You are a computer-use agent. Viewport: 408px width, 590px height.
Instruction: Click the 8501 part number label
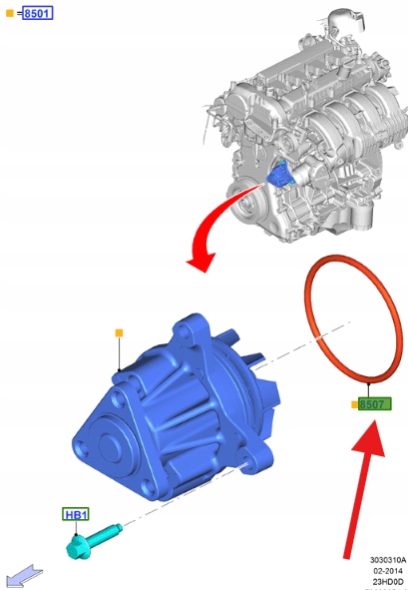[x=37, y=13]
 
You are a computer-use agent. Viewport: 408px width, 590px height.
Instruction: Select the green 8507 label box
[x=374, y=404]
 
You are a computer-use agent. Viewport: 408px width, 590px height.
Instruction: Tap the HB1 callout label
[x=76, y=514]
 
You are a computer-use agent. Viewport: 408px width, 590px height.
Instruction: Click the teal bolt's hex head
[x=77, y=548]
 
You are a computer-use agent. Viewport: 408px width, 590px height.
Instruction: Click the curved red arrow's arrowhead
[x=201, y=261]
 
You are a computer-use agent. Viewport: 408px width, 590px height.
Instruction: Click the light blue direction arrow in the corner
[x=24, y=576]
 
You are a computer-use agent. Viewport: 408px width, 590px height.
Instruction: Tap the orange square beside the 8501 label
[x=10, y=14]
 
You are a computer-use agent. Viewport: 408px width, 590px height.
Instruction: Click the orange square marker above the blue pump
[x=119, y=333]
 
